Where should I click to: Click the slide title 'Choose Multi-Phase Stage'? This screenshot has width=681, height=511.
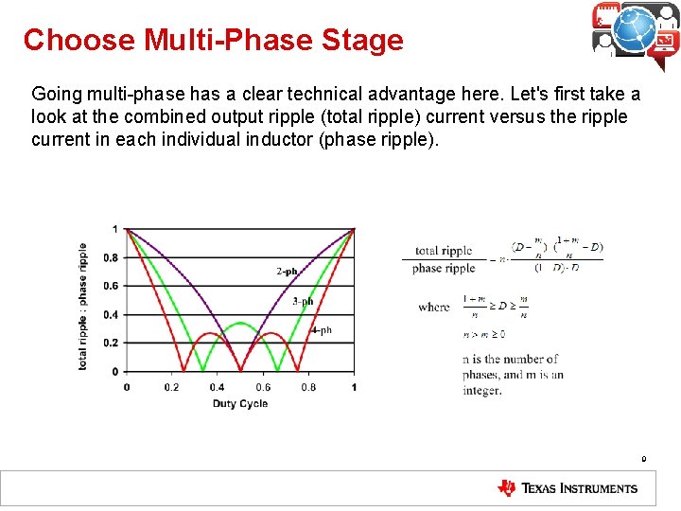click(x=213, y=40)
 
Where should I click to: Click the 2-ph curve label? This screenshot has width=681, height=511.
click(x=287, y=271)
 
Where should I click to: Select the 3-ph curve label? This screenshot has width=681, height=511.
click(x=303, y=301)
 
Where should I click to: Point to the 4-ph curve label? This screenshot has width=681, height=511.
click(x=322, y=330)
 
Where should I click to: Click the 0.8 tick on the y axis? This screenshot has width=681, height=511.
click(x=111, y=257)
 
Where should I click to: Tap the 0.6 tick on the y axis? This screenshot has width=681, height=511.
click(x=111, y=286)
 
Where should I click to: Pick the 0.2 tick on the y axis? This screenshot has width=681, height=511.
click(x=111, y=343)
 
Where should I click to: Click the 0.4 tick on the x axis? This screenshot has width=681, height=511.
click(x=218, y=387)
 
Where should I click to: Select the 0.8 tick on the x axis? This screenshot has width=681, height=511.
click(x=308, y=387)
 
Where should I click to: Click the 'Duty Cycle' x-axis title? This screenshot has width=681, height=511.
click(x=239, y=404)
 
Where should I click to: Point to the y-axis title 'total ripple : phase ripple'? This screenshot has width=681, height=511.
click(x=83, y=306)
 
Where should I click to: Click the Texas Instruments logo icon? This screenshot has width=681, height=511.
click(x=508, y=488)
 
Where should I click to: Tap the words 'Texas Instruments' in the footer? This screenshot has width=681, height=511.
click(x=581, y=489)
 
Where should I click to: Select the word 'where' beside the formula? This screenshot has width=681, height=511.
click(x=434, y=307)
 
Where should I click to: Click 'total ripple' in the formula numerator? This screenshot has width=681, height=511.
click(x=443, y=251)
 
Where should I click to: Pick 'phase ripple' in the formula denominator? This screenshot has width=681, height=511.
click(x=443, y=269)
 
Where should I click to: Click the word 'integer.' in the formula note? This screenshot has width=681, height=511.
click(x=482, y=391)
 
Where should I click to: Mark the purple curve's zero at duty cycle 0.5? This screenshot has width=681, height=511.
click(x=240, y=370)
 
